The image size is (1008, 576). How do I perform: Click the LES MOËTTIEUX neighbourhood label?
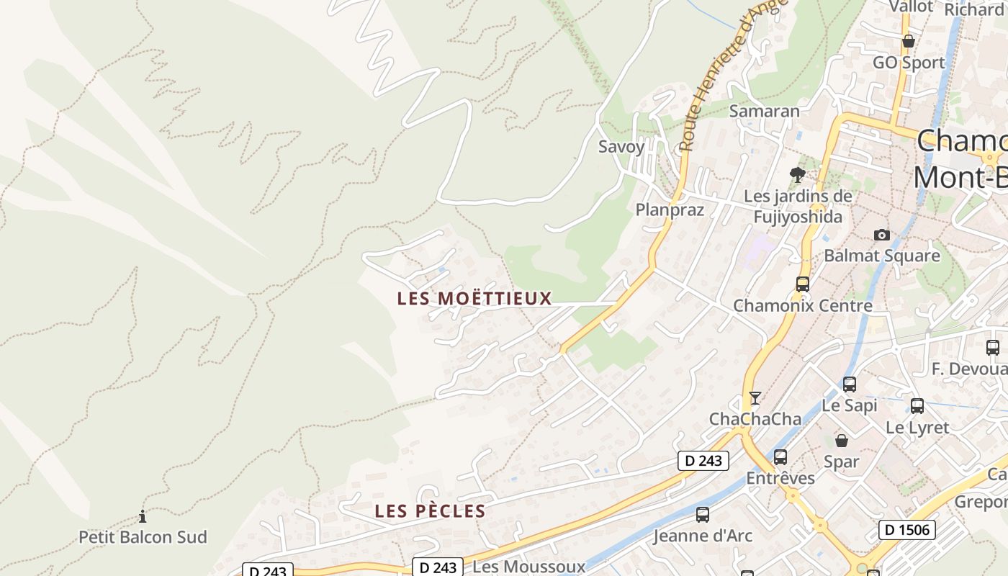pos(474,298)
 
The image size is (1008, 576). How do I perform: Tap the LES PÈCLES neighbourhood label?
pos(430,511)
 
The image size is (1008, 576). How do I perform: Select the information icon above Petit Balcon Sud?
pos(143,516)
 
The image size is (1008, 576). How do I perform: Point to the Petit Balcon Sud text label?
pos(143,537)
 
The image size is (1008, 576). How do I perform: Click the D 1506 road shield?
pos(907,531)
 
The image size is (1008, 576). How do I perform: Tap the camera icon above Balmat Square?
pos(881,235)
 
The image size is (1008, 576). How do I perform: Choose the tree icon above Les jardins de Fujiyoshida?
pos(797,174)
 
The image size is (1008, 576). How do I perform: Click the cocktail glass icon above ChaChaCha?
pos(755,397)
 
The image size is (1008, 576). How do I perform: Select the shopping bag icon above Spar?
pos(841,441)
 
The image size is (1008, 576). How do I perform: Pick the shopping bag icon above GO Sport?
pos(909,42)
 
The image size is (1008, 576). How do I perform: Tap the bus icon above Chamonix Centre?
pos(802,284)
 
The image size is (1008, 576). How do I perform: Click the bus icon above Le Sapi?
pos(850,384)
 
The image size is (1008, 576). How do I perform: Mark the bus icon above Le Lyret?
pos(917,406)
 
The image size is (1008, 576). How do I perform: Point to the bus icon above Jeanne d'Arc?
pos(702,515)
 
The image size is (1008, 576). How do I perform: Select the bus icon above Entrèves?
pos(780,457)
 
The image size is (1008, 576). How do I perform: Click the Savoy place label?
pos(621,147)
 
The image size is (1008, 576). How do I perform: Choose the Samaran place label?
pos(764,111)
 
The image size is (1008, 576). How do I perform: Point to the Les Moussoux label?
pos(528,567)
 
